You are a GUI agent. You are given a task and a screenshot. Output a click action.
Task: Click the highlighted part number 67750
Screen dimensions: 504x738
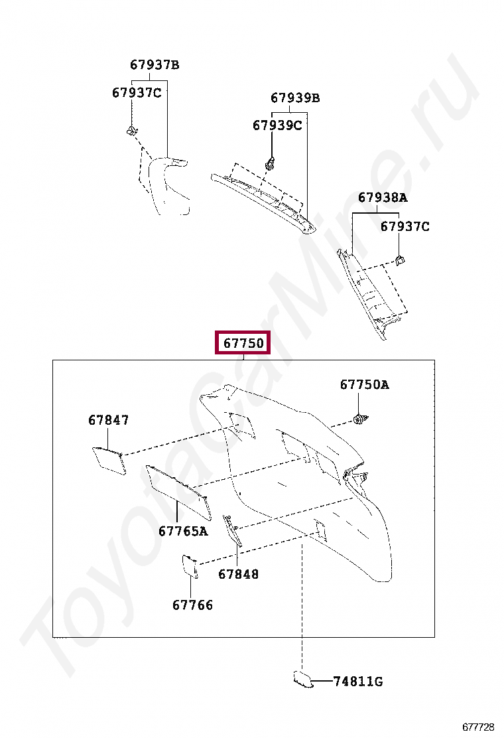pyautogui.click(x=243, y=343)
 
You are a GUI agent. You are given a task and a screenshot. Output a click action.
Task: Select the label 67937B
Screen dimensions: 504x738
pyautogui.click(x=155, y=65)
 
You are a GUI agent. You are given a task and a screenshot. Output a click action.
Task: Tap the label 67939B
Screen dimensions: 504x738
pyautogui.click(x=295, y=98)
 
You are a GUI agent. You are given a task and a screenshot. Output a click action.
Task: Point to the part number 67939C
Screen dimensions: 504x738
pyautogui.click(x=277, y=125)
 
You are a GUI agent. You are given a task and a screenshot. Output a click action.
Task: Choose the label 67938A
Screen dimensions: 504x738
pyautogui.click(x=383, y=197)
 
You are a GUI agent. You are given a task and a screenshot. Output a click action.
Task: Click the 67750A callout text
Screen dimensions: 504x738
pyautogui.click(x=365, y=384)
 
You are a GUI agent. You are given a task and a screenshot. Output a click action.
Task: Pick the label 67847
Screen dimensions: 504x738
pyautogui.click(x=109, y=420)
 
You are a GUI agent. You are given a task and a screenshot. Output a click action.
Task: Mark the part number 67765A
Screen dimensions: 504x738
pyautogui.click(x=183, y=531)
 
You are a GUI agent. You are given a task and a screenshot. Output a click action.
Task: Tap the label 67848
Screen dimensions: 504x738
pyautogui.click(x=239, y=574)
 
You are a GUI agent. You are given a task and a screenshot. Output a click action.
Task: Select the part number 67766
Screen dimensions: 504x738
pyautogui.click(x=193, y=605)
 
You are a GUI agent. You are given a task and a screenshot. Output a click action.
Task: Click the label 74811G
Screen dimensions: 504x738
pyautogui.click(x=358, y=682)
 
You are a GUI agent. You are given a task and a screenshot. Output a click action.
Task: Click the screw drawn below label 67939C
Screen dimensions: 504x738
pyautogui.click(x=271, y=162)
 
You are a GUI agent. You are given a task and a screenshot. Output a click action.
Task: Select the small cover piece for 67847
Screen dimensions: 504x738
pyautogui.click(x=109, y=459)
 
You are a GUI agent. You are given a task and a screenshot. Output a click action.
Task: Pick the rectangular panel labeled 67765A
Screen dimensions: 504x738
pyautogui.click(x=178, y=491)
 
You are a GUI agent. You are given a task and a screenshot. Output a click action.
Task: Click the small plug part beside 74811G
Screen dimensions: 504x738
pyautogui.click(x=302, y=678)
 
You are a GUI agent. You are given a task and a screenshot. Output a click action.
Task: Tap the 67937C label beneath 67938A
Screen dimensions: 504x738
pyautogui.click(x=405, y=227)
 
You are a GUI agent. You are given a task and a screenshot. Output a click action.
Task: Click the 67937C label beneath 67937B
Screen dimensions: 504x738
pyautogui.click(x=137, y=93)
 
